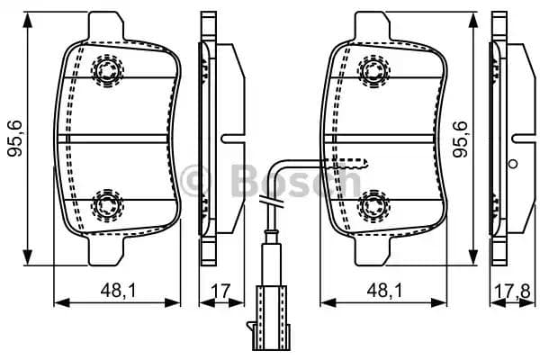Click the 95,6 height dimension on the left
pyautogui.click(x=13, y=139)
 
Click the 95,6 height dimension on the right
pyautogui.click(x=461, y=139)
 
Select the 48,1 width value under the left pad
pyautogui.click(x=117, y=290)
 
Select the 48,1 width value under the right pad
pyautogui.click(x=386, y=290)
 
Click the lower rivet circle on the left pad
pyautogui.click(x=107, y=204)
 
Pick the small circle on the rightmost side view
pyautogui.click(x=513, y=165)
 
